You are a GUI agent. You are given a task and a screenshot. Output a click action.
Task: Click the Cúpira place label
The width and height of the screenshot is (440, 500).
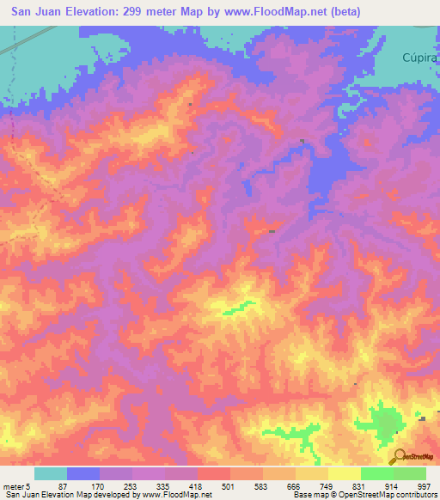pyautogui.click(x=420, y=58)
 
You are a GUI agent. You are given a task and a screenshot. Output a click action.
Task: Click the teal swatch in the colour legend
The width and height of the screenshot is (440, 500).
pyautogui.click(x=51, y=473)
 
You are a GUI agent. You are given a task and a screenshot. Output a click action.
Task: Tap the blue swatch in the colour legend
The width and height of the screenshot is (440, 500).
pyautogui.click(x=83, y=473)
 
